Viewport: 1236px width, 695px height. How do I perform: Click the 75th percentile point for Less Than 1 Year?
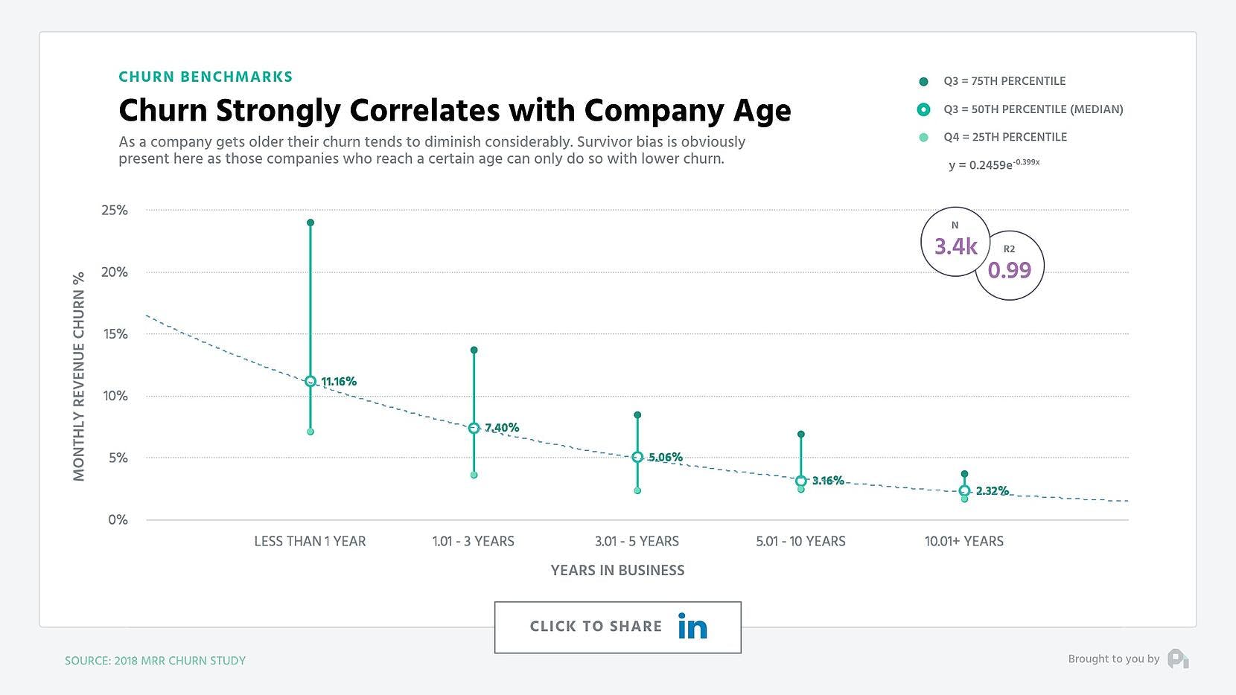[310, 222]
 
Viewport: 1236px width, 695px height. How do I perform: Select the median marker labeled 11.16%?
[310, 381]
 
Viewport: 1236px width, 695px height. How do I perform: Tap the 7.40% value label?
[502, 427]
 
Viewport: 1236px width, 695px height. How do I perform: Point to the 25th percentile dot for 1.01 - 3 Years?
[474, 475]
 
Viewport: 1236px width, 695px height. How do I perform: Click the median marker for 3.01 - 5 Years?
[637, 457]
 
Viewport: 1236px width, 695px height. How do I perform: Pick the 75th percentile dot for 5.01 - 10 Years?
[801, 434]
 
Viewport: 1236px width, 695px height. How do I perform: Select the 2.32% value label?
[993, 490]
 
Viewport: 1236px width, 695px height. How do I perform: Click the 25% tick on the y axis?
[115, 211]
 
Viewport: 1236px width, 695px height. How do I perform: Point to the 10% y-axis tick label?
[115, 396]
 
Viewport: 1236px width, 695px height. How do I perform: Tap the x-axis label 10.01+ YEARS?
[963, 541]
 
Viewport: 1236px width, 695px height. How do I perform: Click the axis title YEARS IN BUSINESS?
[617, 570]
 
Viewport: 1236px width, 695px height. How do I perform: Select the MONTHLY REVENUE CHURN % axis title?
[79, 377]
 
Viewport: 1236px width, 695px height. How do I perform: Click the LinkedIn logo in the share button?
[692, 627]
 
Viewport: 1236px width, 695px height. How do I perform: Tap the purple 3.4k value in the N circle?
[955, 246]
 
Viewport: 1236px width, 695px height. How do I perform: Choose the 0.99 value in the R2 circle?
[1009, 269]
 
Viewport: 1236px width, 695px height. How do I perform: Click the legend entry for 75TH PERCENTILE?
[1004, 81]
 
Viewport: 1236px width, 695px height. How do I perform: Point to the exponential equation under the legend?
[993, 164]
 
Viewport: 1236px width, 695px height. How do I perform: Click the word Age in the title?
[762, 111]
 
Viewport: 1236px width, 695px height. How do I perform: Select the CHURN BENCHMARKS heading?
[206, 77]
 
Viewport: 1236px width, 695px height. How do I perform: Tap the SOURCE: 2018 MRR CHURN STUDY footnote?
[155, 660]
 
